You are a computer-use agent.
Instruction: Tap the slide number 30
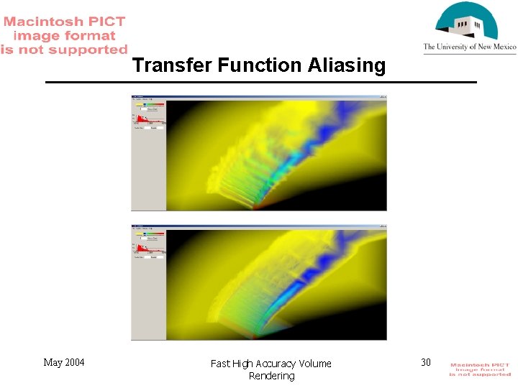pos(426,362)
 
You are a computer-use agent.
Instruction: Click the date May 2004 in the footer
pos(63,362)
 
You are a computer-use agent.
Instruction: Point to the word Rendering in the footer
pos(271,376)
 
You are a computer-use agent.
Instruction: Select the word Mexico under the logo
pos(501,47)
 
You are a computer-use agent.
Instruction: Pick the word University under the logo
pos(458,47)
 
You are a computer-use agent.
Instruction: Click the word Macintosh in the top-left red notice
pos(45,22)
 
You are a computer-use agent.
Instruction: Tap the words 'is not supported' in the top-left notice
pos(63,50)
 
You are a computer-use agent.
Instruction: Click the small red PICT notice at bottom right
pos(480,369)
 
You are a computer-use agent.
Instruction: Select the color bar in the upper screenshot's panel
pos(150,104)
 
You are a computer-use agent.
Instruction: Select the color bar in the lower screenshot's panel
pos(150,234)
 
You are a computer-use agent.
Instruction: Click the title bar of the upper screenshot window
pos(259,96)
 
